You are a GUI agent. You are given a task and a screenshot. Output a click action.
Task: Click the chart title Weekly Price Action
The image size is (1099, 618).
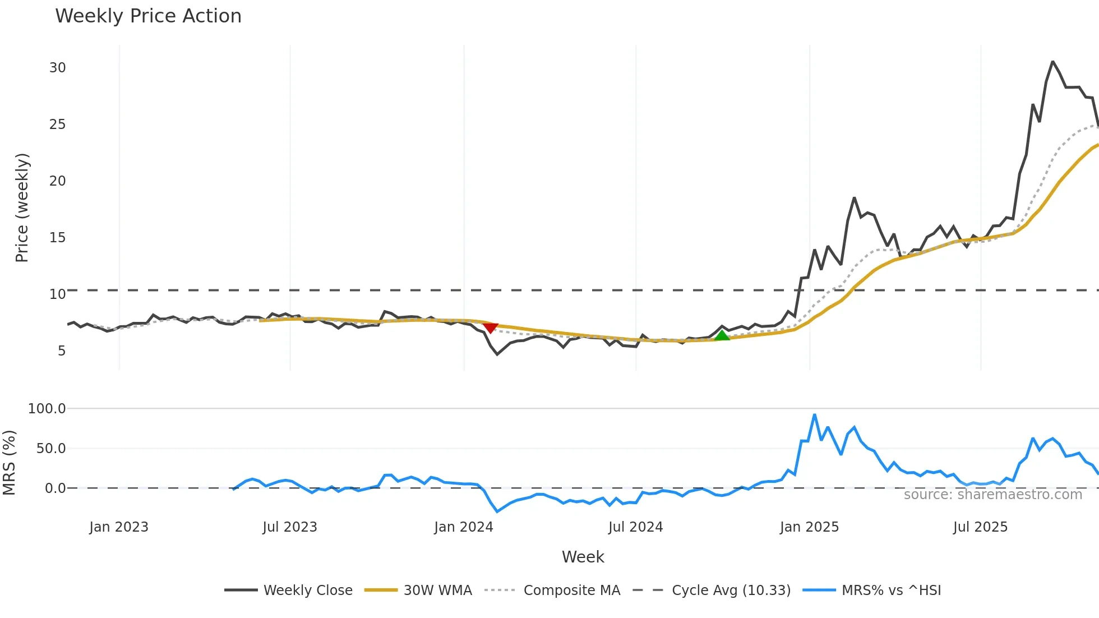(148, 16)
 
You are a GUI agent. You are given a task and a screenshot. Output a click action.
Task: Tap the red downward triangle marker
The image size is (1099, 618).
(490, 328)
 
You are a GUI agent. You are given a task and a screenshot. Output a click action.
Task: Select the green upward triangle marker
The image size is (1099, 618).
(722, 335)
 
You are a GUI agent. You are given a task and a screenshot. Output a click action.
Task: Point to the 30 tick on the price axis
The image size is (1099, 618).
(57, 68)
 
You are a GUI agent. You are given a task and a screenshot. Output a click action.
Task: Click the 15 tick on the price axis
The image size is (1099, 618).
(57, 238)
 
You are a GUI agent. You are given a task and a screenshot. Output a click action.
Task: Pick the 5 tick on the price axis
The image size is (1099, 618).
(61, 351)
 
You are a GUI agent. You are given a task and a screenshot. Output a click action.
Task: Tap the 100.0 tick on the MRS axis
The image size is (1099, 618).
(47, 409)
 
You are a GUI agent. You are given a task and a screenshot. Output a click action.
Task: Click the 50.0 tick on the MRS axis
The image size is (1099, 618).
(51, 449)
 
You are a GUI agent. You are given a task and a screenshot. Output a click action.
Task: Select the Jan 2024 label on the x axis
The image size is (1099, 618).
(463, 527)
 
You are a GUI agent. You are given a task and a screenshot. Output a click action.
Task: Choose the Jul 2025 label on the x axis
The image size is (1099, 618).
(980, 527)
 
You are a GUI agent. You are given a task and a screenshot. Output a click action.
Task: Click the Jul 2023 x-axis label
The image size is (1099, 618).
(289, 527)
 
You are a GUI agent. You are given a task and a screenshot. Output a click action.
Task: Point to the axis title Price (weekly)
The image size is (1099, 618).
(22, 207)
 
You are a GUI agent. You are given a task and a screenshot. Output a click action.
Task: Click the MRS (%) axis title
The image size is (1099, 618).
(9, 463)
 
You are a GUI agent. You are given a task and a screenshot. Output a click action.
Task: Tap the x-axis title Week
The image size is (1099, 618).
(583, 557)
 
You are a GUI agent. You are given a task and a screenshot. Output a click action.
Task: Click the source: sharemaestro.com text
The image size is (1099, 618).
(992, 495)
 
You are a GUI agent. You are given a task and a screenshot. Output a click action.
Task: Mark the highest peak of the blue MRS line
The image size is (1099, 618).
(814, 415)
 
